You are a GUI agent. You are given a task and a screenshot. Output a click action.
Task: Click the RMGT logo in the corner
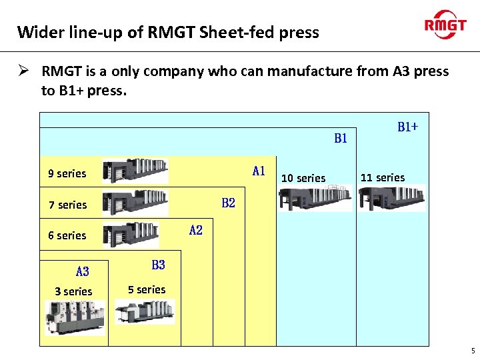[445, 25]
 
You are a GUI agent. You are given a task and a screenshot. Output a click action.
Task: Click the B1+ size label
[407, 127]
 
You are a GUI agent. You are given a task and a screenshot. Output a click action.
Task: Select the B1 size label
[341, 139]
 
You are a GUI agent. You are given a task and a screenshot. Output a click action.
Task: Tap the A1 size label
[259, 171]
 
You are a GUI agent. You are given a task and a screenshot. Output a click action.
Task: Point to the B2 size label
[228, 203]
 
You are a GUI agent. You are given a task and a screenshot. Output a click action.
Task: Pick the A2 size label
[195, 231]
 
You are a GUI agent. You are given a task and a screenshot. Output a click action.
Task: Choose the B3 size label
[158, 265]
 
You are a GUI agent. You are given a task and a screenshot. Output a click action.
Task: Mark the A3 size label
[82, 272]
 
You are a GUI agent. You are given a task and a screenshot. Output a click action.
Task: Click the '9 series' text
[67, 174]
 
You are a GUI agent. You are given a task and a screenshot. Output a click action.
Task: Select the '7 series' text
[67, 205]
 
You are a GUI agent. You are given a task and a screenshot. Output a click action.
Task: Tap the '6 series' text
[67, 236]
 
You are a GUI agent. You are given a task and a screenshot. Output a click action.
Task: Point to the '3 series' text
[73, 292]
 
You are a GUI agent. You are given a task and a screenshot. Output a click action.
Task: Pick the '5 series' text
[147, 290]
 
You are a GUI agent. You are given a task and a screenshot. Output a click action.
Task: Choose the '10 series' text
[303, 179]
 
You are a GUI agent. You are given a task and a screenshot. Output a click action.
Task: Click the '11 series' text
[383, 178]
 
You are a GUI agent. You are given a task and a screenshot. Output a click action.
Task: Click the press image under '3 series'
[75, 317]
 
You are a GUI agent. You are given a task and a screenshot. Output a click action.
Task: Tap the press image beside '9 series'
[135, 171]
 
